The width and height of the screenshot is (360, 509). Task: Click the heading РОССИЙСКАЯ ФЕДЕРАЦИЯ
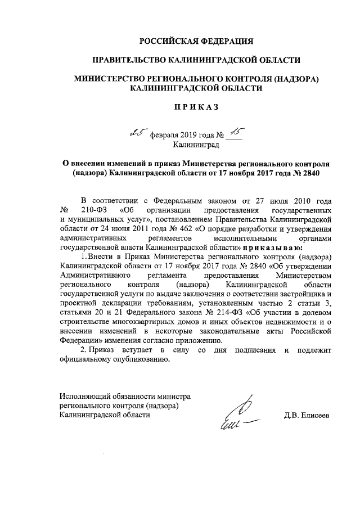[196, 41]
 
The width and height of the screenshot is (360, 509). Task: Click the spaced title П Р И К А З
[196, 106]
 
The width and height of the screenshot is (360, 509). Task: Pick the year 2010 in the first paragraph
[301, 201]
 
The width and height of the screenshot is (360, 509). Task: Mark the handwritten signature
[236, 416]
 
